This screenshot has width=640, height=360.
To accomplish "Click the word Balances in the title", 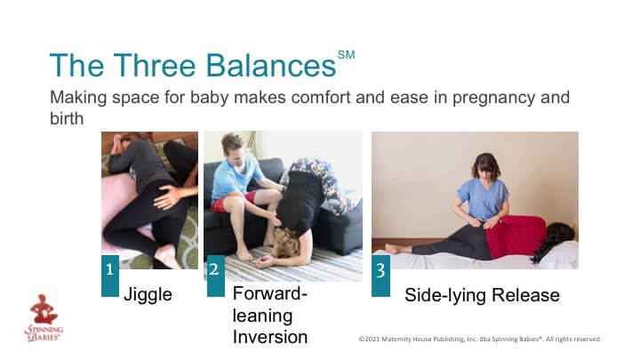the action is click(270, 65).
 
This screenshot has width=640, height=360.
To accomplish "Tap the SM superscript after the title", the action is click(346, 55).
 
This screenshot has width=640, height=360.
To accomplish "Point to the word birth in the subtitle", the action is click(67, 119).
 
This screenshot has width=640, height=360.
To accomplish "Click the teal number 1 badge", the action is click(110, 276).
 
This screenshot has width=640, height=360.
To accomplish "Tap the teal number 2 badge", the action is click(216, 276).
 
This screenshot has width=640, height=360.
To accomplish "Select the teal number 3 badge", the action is click(380, 276).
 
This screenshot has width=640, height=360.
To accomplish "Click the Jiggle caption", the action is click(148, 295).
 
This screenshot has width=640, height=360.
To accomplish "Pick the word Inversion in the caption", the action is click(270, 337).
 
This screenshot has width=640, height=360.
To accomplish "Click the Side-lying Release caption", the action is click(482, 295).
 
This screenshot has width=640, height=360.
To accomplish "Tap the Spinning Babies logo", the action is click(44, 318).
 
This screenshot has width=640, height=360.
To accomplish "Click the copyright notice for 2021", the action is click(480, 339).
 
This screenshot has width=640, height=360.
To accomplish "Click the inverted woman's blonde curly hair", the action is click(286, 242).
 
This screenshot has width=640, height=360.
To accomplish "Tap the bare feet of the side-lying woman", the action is click(394, 249).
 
